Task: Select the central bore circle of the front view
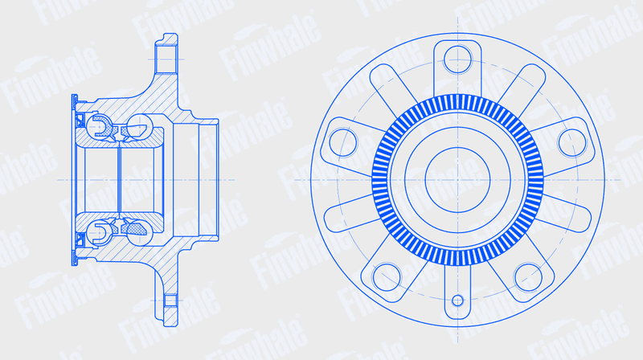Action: point(457,148)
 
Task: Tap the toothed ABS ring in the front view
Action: point(457,98)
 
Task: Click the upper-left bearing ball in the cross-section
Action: point(100,127)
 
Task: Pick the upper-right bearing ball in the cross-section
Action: point(139,126)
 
